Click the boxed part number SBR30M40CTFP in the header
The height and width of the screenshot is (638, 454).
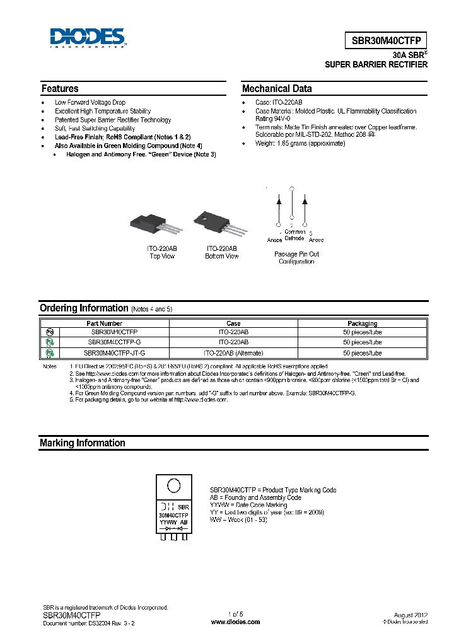coord(388,39)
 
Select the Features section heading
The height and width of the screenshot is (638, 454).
coord(60,89)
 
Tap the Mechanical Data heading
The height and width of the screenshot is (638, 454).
coord(277,89)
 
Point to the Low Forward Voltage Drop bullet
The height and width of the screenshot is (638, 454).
coord(90,102)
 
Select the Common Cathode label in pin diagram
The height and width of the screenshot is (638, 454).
coord(294,235)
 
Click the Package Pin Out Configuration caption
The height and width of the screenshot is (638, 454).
coord(296,258)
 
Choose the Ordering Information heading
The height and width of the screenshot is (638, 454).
coord(84,308)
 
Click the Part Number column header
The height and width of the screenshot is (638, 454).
coord(113,323)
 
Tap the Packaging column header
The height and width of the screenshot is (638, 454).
coord(363,323)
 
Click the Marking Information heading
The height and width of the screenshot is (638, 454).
coord(82,443)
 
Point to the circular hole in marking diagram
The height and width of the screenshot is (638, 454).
coord(173,486)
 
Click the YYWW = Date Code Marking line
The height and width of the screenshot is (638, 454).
coord(248,505)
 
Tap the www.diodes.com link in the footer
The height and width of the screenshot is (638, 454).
coord(235,622)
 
